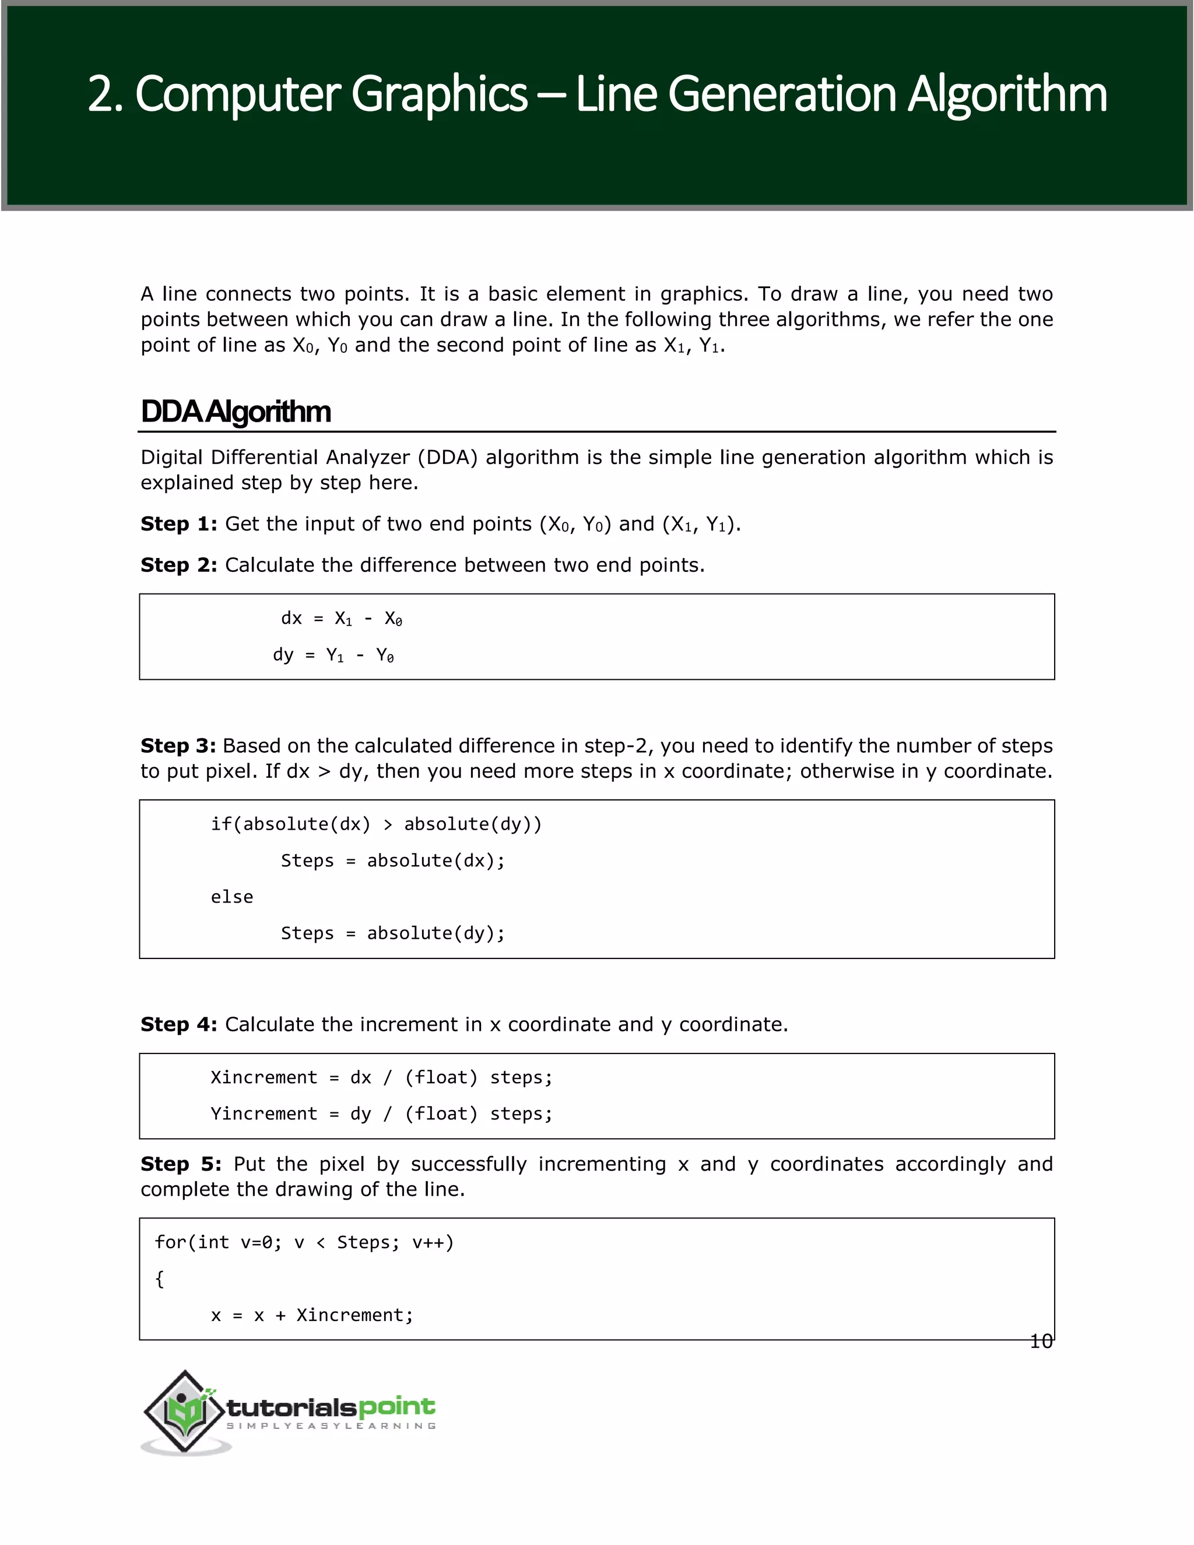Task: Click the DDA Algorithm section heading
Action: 236,412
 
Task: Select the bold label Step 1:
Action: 178,524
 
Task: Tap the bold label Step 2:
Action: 178,565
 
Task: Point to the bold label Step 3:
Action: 178,746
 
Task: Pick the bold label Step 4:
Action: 178,1024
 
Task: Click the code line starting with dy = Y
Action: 333,655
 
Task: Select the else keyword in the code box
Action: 231,897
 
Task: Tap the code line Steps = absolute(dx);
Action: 392,861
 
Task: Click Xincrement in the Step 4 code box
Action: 263,1077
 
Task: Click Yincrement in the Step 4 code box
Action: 263,1114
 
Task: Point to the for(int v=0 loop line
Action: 304,1242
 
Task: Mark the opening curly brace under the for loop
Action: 159,1279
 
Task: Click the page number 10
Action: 1041,1342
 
